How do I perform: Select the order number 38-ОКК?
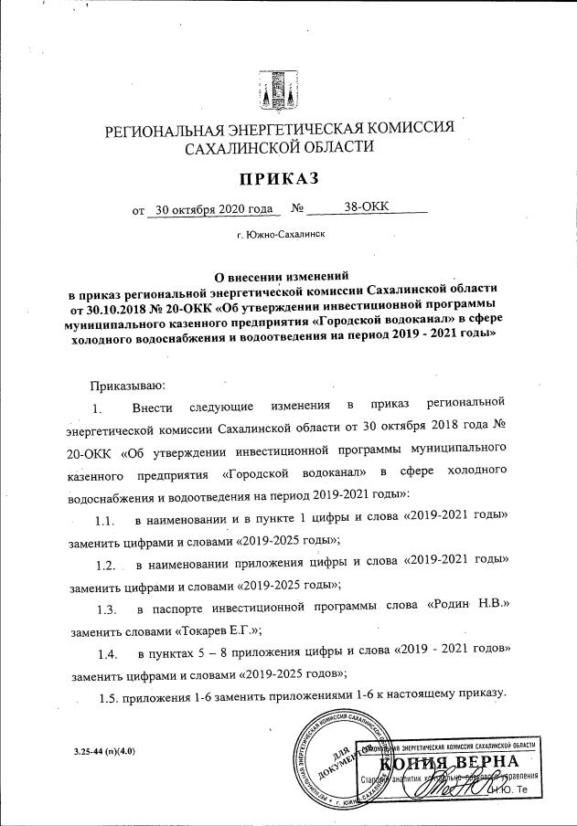tap(368, 207)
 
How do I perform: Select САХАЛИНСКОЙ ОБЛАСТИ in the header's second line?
tap(279, 147)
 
